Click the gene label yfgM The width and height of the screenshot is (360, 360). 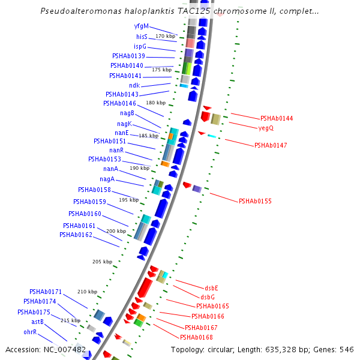pyautogui.click(x=141, y=26)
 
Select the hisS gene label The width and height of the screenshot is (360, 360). pyautogui.click(x=142, y=37)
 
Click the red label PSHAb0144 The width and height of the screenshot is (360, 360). pyautogui.click(x=277, y=118)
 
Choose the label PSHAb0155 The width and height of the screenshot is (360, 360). pyautogui.click(x=255, y=201)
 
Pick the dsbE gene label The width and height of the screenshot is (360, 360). pyautogui.click(x=212, y=288)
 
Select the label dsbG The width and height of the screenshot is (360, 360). pyautogui.click(x=208, y=297)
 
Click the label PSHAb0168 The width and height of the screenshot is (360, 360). pyautogui.click(x=196, y=337)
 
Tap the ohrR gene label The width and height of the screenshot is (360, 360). pyautogui.click(x=31, y=331)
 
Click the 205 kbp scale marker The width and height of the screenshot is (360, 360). pyautogui.click(x=102, y=262)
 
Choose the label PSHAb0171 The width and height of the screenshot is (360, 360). pyautogui.click(x=46, y=292)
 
